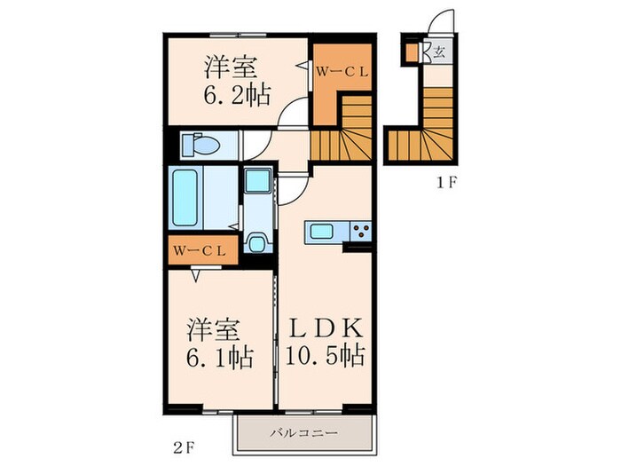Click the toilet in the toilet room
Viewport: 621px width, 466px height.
199,144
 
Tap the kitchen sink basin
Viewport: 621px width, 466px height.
319,233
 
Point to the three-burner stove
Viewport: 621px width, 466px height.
360,233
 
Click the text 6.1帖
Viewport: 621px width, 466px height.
221,357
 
